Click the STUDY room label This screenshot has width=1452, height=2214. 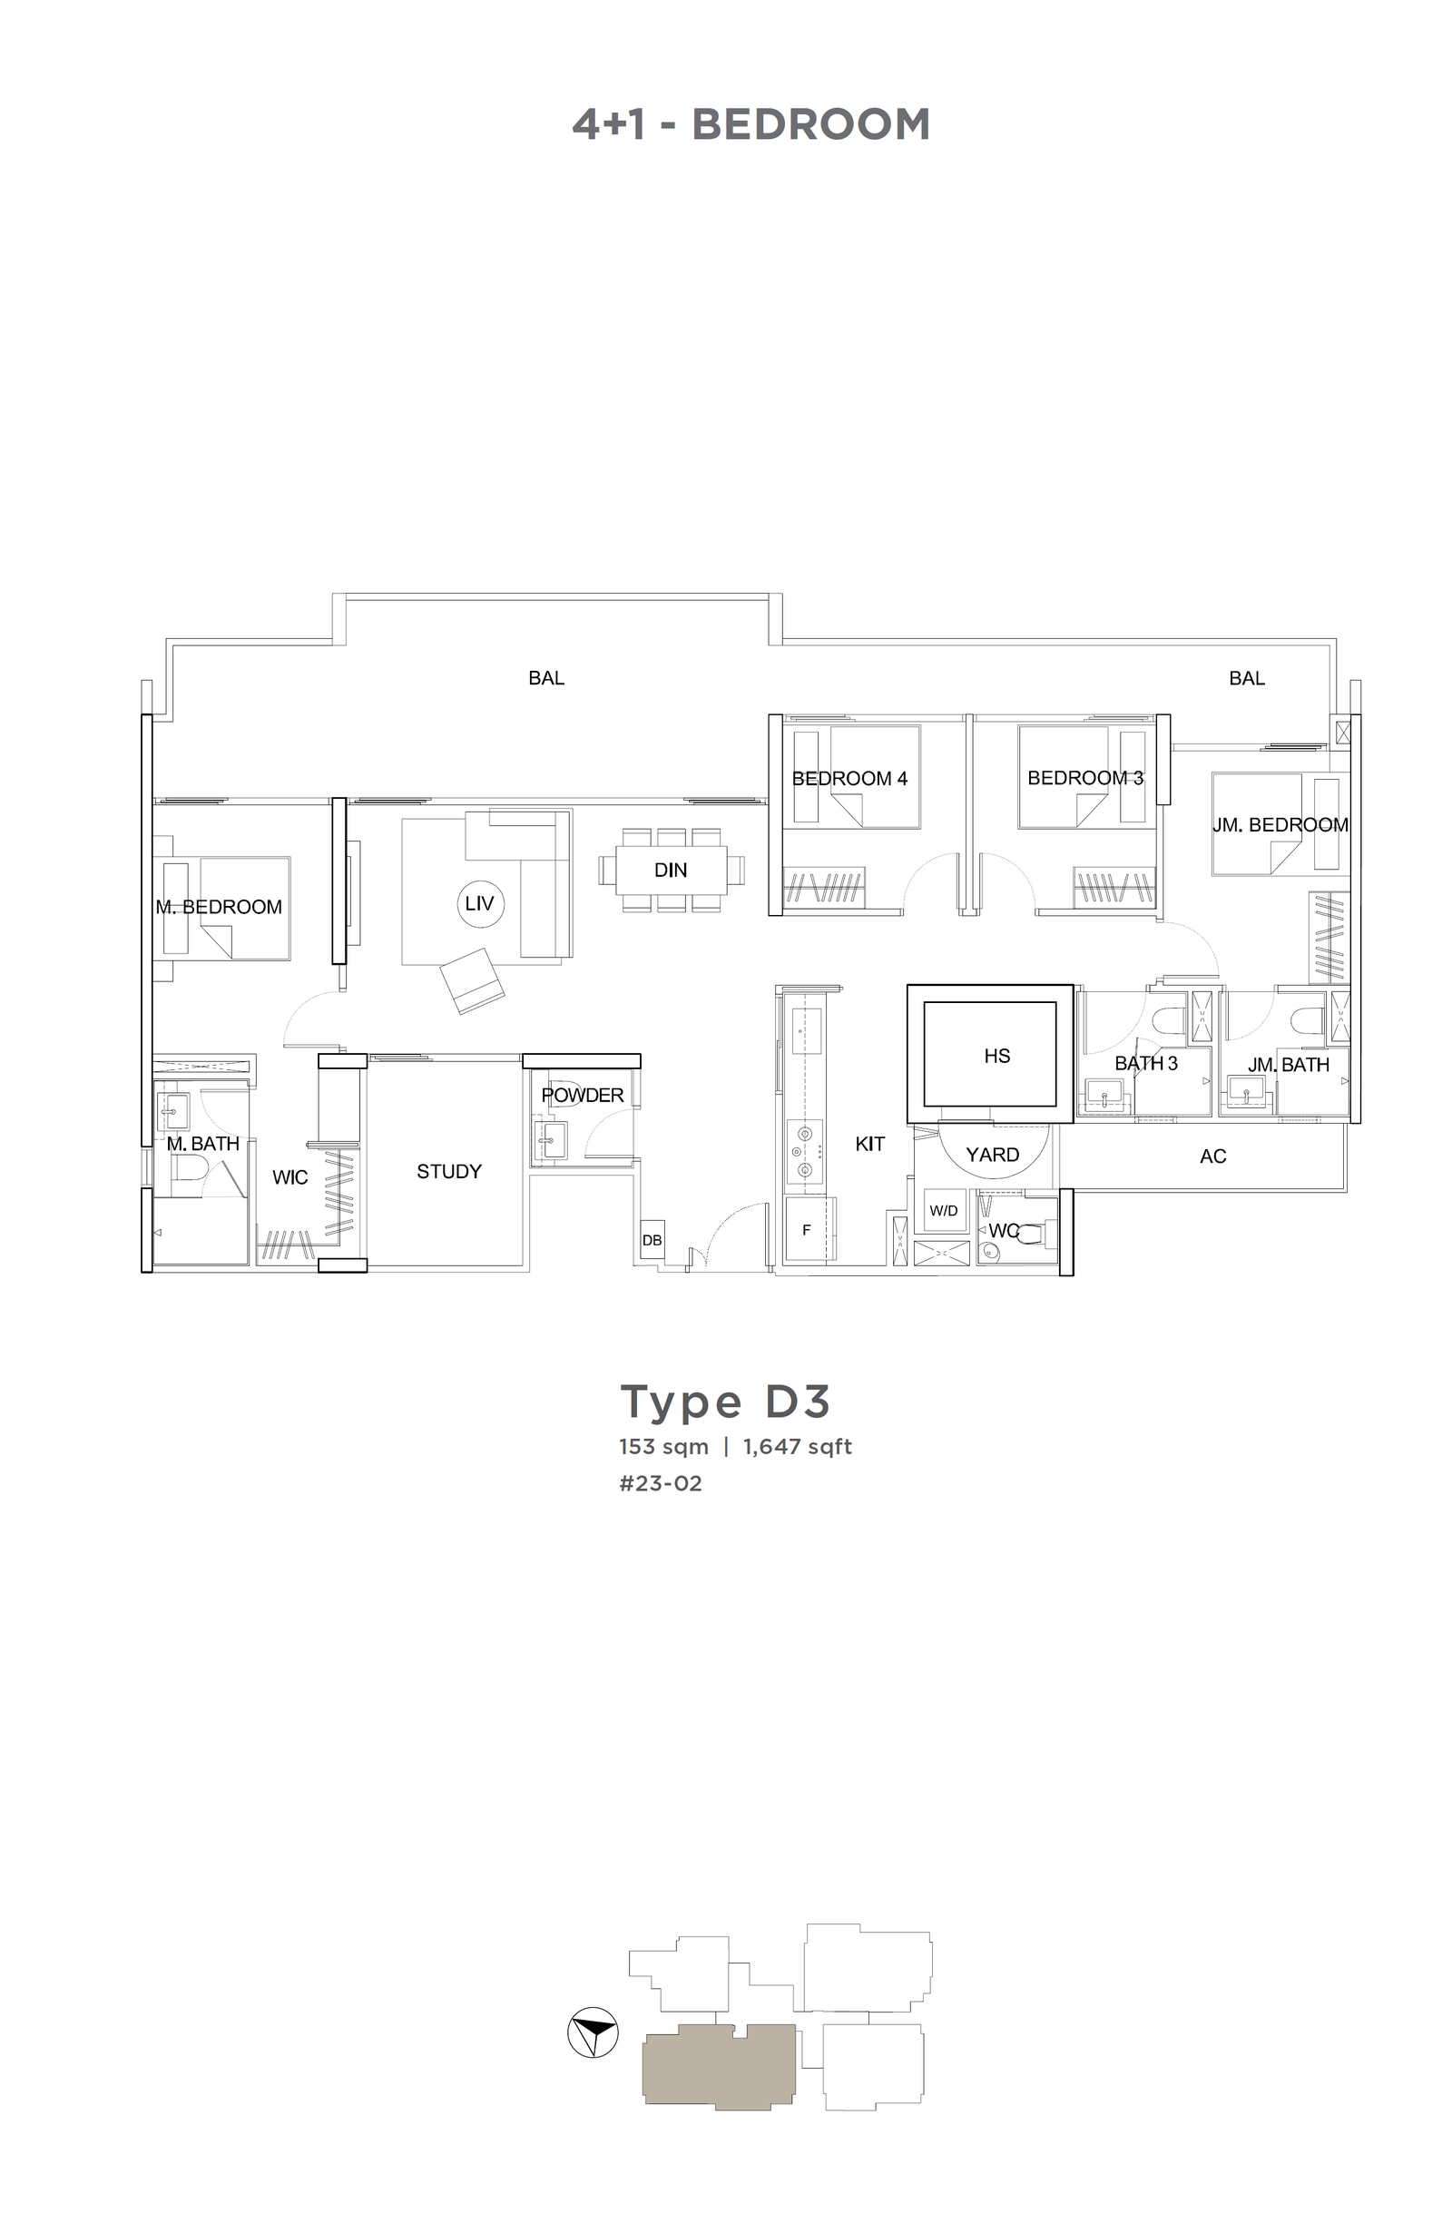(x=448, y=1171)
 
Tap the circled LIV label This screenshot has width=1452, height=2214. (x=479, y=903)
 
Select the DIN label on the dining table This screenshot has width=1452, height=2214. (x=670, y=870)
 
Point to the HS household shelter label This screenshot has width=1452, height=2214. (x=996, y=1056)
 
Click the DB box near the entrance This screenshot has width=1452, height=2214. (x=652, y=1240)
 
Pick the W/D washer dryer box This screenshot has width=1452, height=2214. (x=943, y=1210)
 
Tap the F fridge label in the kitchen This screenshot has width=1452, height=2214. (x=806, y=1230)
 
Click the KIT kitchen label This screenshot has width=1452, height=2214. (x=869, y=1144)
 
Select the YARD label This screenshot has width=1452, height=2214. (x=992, y=1155)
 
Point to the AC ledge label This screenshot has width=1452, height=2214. (x=1212, y=1156)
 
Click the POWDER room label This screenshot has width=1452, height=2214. (x=583, y=1096)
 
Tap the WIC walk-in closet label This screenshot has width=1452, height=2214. (x=289, y=1177)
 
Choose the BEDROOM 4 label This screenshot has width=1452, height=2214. (x=849, y=779)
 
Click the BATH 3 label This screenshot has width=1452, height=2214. (x=1146, y=1063)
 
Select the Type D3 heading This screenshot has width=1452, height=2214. (x=723, y=1402)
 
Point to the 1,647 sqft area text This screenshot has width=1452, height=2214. (x=797, y=1447)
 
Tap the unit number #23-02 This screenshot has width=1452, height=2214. (x=661, y=1483)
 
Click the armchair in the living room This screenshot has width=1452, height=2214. (x=473, y=980)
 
